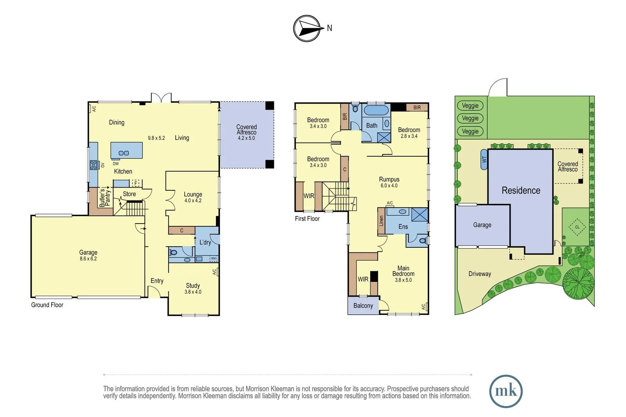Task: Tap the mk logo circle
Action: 506,391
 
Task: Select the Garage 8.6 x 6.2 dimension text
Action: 88,259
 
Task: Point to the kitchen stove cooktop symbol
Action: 94,165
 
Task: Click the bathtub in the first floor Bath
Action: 376,110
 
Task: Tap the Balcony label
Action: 363,306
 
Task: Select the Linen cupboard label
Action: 381,220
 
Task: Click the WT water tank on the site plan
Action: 484,159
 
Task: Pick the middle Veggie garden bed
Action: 470,118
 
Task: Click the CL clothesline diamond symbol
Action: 577,227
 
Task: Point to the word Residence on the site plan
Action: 521,190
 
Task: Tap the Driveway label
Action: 480,274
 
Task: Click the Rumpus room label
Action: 389,179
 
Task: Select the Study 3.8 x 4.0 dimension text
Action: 193,292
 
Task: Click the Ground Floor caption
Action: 47,305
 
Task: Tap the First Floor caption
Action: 307,218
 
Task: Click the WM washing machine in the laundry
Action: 214,259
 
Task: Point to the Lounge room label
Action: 193,194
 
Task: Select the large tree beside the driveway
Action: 578,283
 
